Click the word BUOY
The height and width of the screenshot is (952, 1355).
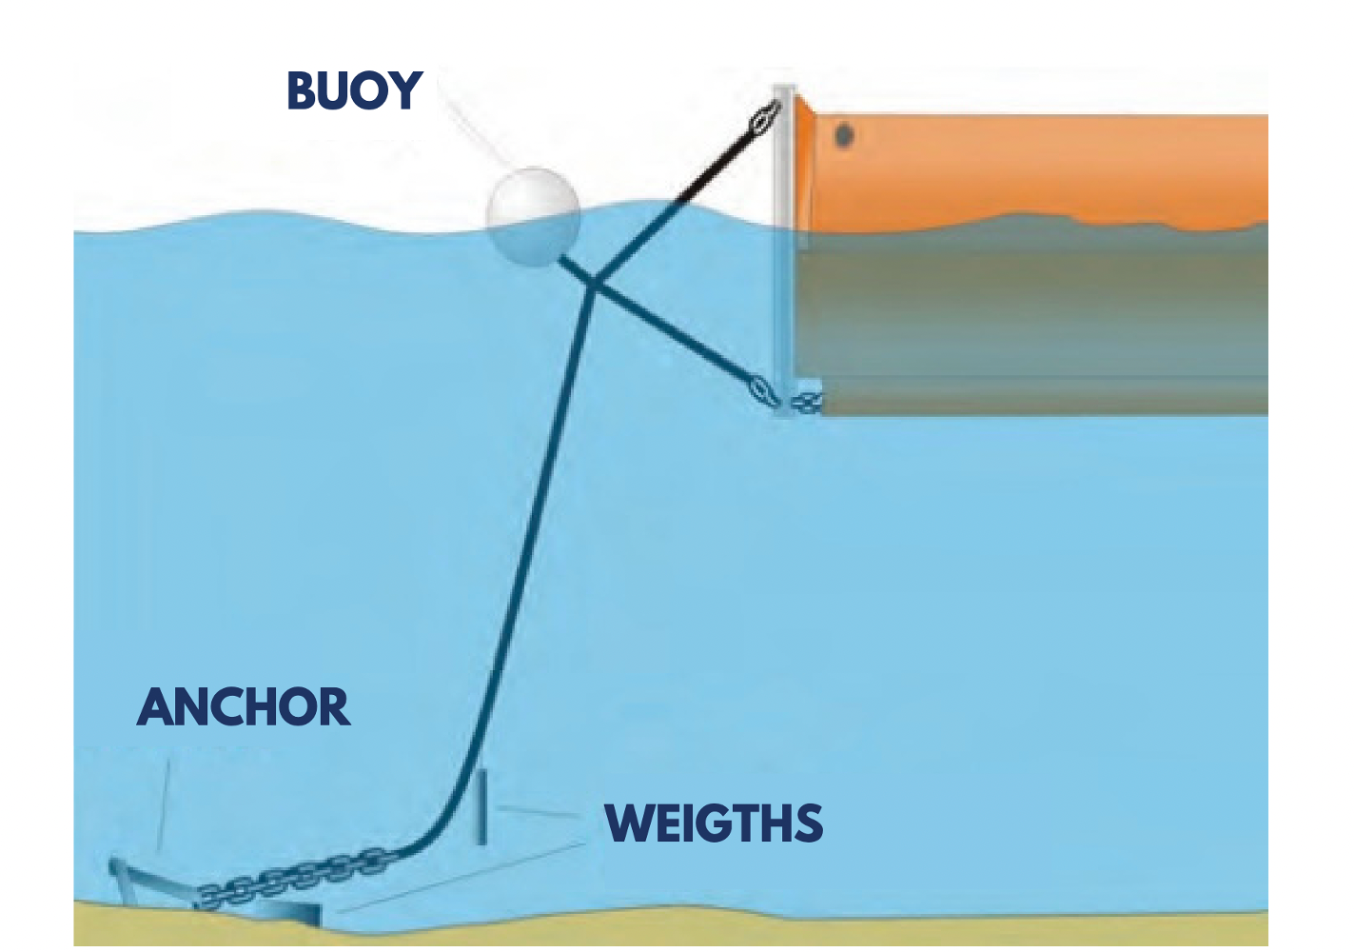click(x=354, y=91)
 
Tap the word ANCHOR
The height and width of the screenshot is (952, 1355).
click(x=244, y=707)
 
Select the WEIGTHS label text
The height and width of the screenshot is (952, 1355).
click(x=714, y=823)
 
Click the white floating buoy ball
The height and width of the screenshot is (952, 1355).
click(x=533, y=215)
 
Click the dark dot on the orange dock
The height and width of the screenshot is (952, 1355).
click(x=844, y=136)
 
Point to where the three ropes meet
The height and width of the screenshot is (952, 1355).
click(x=592, y=283)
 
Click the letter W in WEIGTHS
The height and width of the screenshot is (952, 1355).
click(x=627, y=823)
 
